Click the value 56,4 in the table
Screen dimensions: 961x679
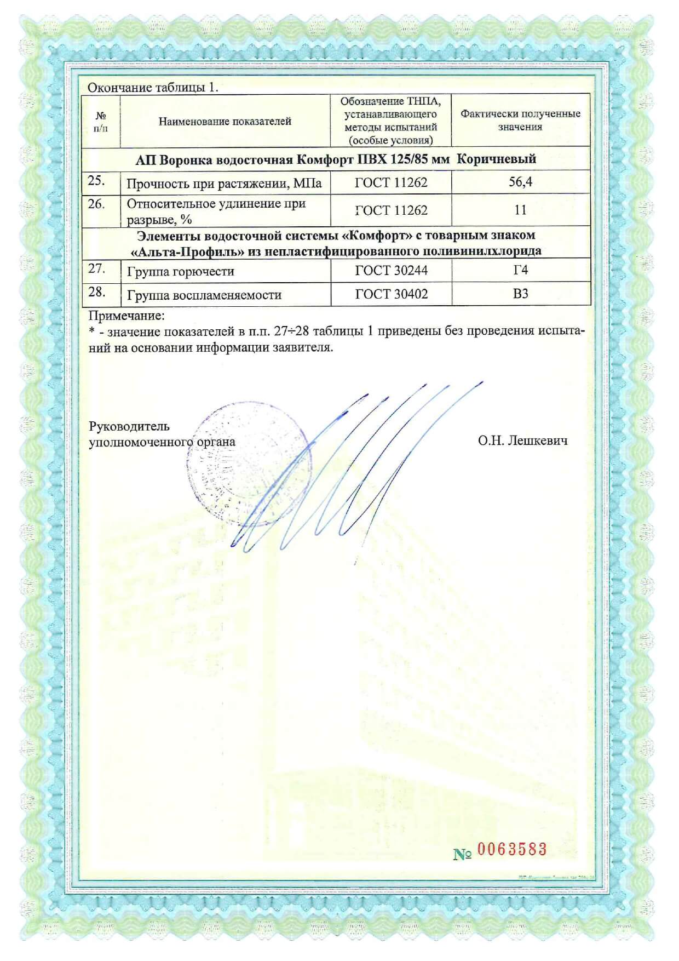520,182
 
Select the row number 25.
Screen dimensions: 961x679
96,181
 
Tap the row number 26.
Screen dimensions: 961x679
96,204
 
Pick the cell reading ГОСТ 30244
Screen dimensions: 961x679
391,271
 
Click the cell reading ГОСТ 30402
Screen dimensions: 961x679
391,294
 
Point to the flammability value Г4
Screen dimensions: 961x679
520,270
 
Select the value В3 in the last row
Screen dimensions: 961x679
520,294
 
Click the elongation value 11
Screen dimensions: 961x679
520,210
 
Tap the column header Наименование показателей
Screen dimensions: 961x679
225,122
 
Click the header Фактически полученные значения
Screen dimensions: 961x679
520,121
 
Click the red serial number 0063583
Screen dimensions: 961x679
511,850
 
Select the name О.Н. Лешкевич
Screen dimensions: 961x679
522,441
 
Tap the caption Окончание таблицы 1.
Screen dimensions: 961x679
153,88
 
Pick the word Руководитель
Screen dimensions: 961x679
129,426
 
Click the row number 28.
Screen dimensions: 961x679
97,292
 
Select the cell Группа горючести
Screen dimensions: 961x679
180,272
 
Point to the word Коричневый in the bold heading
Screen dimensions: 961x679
496,159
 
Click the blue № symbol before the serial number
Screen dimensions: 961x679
463,854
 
